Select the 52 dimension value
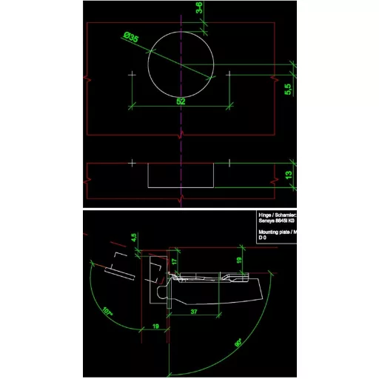tap(181, 101)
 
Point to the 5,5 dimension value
tap(289, 88)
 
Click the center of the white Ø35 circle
tap(181, 63)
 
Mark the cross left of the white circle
tap(132, 75)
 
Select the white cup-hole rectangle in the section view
tap(181, 175)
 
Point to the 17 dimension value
tap(175, 263)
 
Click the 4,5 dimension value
tap(134, 238)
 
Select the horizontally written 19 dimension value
tap(155, 325)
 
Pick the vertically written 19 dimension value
tap(238, 260)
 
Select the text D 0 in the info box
tap(262, 238)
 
